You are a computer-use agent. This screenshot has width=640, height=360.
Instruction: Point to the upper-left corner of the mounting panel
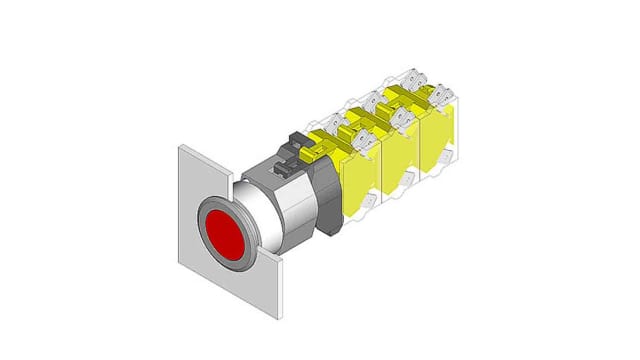180,147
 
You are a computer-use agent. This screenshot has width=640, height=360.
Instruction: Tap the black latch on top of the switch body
297,148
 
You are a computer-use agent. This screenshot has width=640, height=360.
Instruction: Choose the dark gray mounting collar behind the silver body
326,200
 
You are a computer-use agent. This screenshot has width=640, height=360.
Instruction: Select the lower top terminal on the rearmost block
440,96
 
